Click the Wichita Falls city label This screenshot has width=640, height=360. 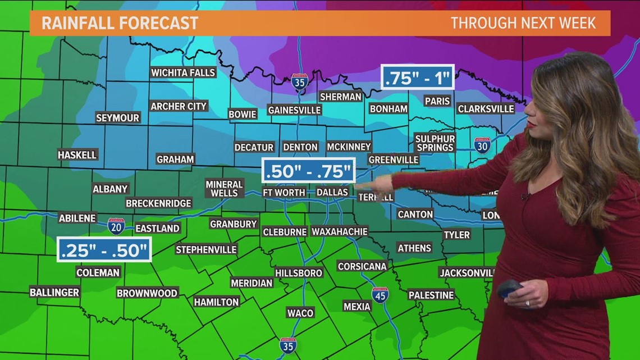(x=183, y=72)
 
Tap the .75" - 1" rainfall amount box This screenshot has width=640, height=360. (x=418, y=78)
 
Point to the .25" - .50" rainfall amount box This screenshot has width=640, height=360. (x=104, y=250)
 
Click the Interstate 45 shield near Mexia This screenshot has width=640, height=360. (x=380, y=295)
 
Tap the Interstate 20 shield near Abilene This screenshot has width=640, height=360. (x=116, y=226)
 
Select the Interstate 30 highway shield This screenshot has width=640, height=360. (x=482, y=145)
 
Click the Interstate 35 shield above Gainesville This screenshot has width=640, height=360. (x=299, y=82)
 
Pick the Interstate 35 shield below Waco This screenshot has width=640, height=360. (x=287, y=345)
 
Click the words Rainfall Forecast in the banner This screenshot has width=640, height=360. (x=120, y=23)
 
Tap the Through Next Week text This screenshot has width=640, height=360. (x=523, y=23)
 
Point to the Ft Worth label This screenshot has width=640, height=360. (x=284, y=193)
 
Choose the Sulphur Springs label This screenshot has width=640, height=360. (x=435, y=143)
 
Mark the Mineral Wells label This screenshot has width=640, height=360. (x=224, y=189)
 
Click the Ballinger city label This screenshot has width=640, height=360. (x=54, y=292)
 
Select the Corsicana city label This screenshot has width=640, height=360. (x=362, y=266)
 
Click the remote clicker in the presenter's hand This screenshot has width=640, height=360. (x=509, y=289)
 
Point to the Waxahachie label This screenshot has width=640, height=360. (x=339, y=231)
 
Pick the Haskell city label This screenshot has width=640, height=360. (x=77, y=154)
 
